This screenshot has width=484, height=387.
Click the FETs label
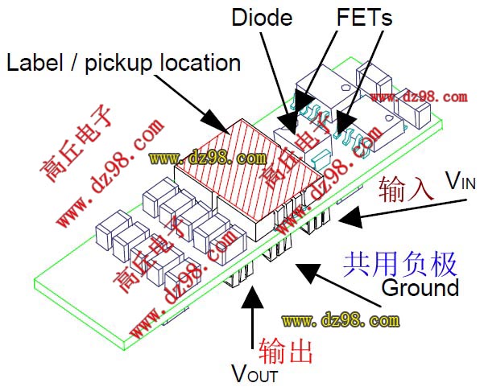pyautogui.click(x=364, y=16)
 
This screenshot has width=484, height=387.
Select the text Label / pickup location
pyautogui.click(x=124, y=62)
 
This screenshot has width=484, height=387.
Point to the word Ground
pyautogui.click(x=420, y=287)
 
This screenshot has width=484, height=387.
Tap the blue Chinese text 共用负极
pyautogui.click(x=400, y=263)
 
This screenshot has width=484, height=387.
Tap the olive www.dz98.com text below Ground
pyautogui.click(x=340, y=320)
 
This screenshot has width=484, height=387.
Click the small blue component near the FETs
pyautogui.click(x=321, y=154)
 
